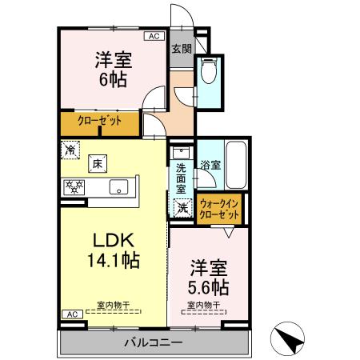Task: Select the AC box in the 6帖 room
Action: tap(152, 36)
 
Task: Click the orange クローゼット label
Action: tap(99, 122)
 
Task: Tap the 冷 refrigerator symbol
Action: tap(71, 150)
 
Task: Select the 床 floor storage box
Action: tap(97, 164)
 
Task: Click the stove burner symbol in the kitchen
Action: tap(75, 187)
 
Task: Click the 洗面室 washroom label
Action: tap(181, 178)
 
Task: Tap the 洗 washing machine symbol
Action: tap(182, 208)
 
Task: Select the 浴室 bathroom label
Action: tap(212, 166)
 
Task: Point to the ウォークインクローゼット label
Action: tap(219, 210)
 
